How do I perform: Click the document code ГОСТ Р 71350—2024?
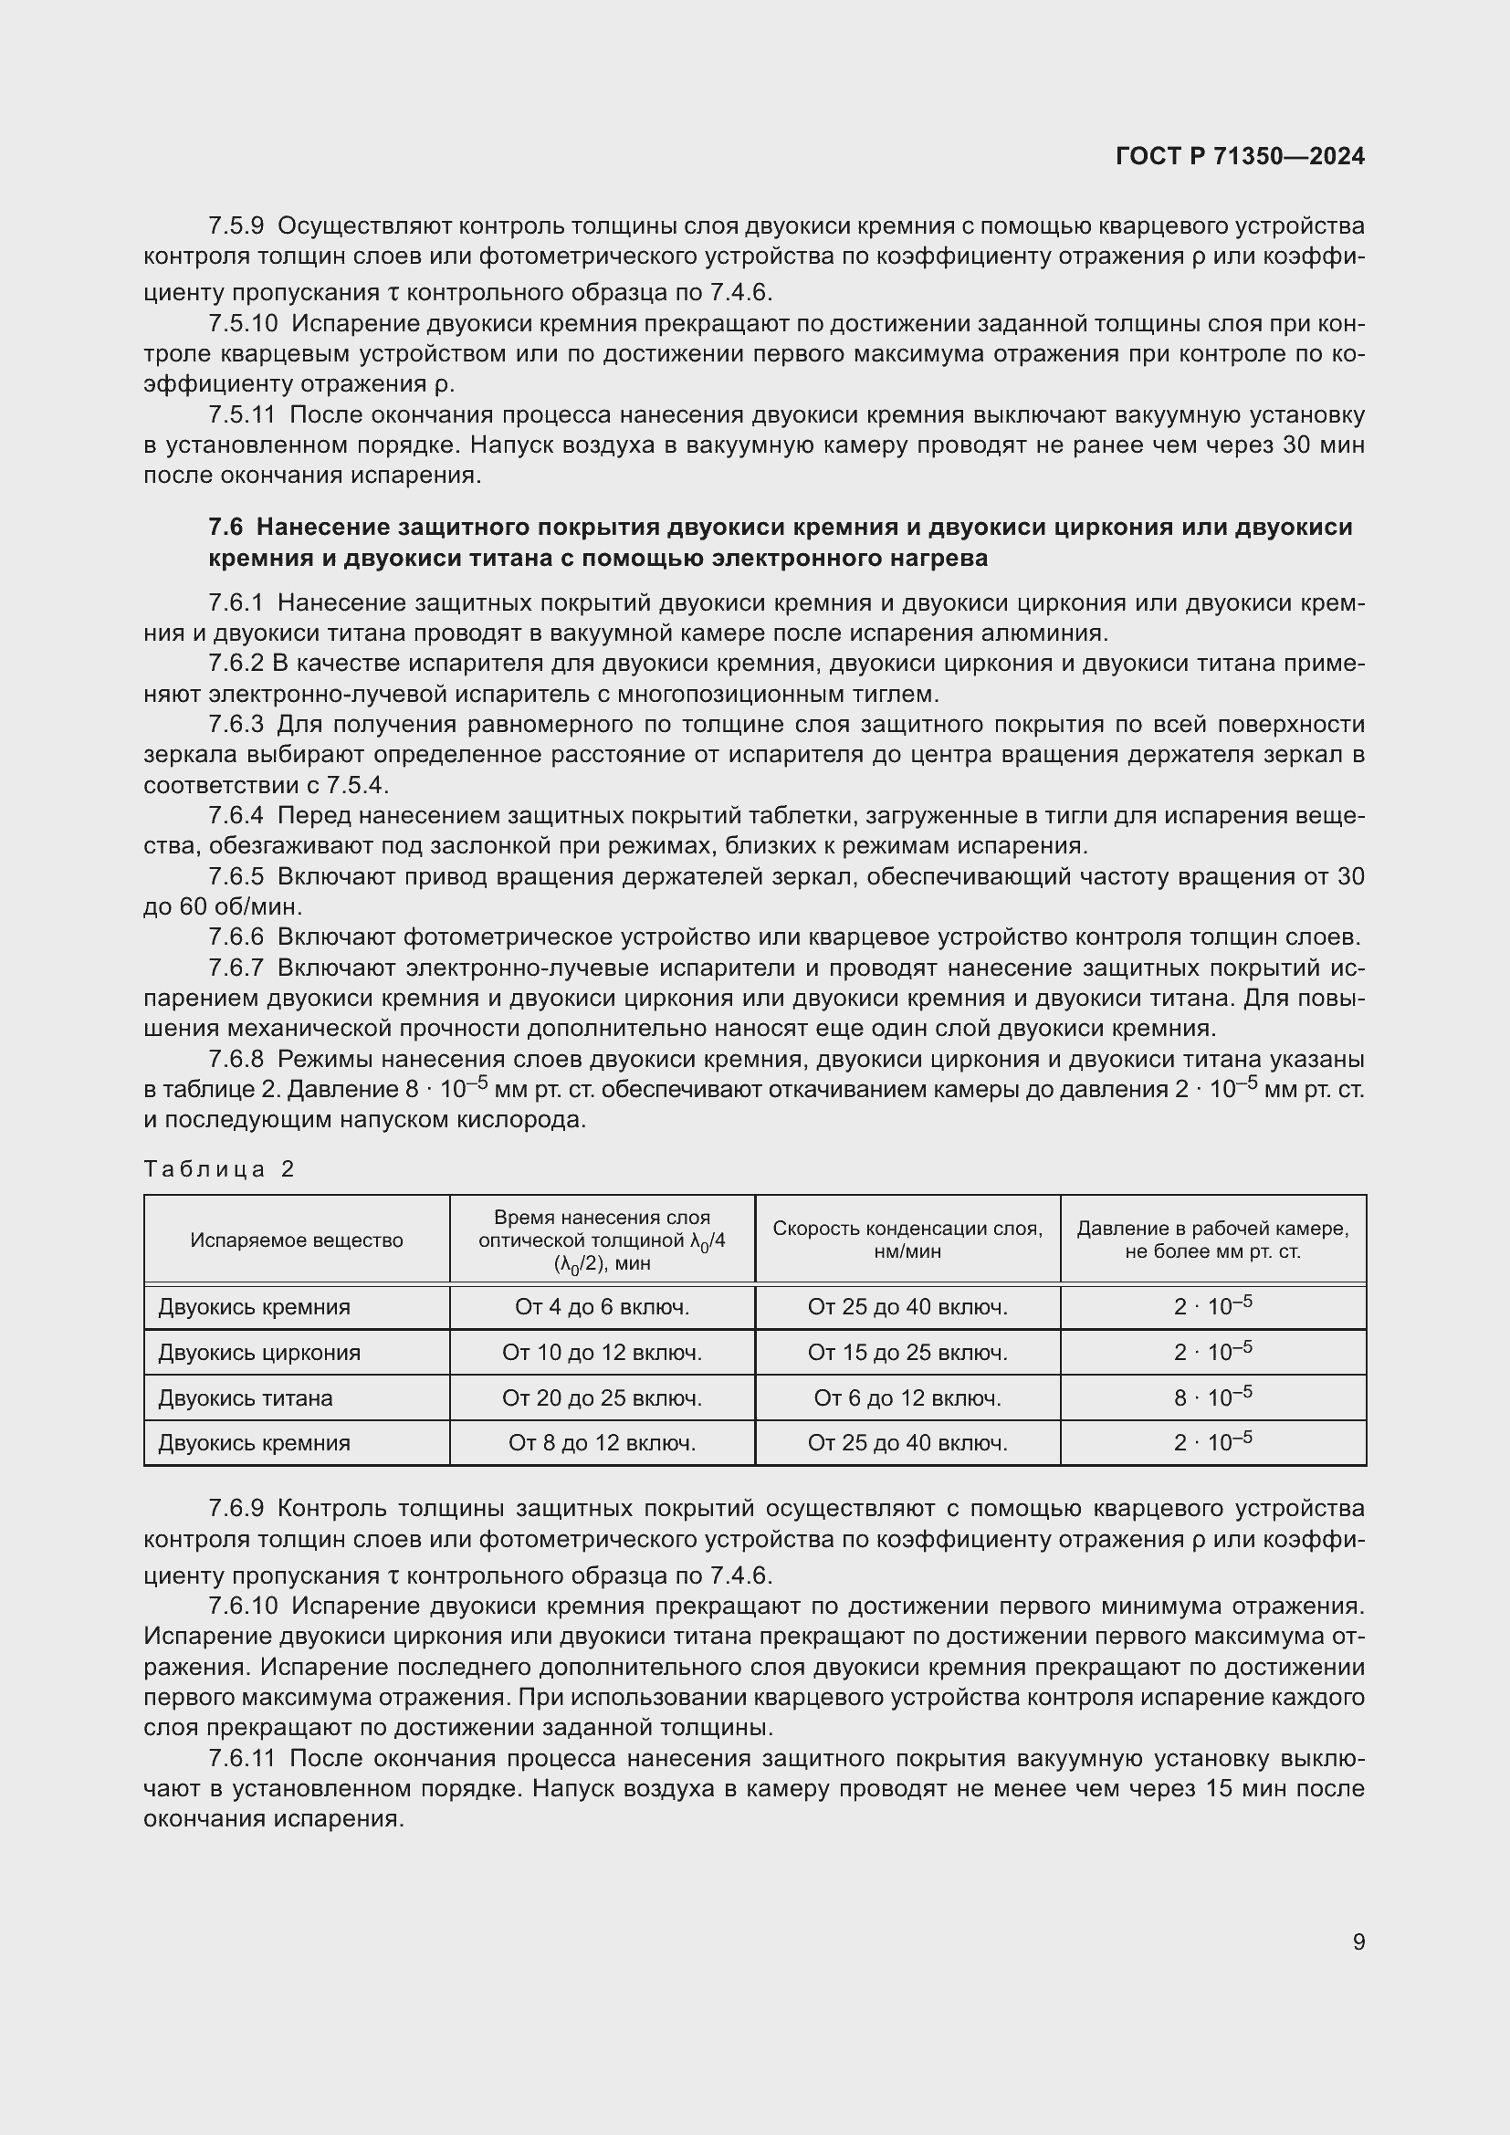click(x=1240, y=156)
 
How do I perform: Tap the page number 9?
click(x=1358, y=1941)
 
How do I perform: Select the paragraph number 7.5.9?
click(x=236, y=226)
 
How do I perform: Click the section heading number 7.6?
click(x=225, y=528)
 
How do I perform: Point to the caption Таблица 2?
click(x=219, y=1169)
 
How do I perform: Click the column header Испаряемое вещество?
click(x=297, y=1240)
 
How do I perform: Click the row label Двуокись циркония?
click(x=259, y=1352)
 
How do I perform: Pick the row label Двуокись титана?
click(x=246, y=1397)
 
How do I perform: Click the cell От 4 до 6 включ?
click(x=602, y=1307)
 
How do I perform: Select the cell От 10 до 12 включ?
click(x=602, y=1352)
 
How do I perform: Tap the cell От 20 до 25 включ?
click(x=602, y=1397)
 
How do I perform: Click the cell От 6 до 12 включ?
click(x=907, y=1397)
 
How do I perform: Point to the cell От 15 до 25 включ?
click(x=907, y=1352)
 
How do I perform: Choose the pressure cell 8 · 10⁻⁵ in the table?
click(x=1212, y=1397)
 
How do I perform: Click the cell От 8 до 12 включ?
click(x=602, y=1442)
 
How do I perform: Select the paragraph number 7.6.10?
click(x=243, y=1606)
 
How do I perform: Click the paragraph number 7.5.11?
click(x=242, y=414)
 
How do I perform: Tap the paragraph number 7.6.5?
click(x=236, y=876)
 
